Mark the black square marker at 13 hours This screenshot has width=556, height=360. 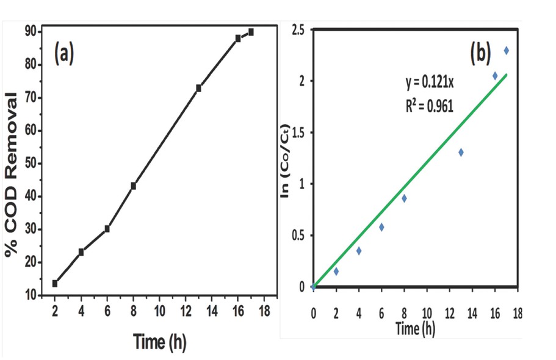(x=198, y=88)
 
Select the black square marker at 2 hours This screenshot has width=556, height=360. (x=55, y=283)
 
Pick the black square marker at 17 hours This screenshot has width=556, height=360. (x=251, y=32)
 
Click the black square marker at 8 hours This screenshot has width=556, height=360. (x=133, y=185)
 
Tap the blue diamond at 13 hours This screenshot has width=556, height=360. (x=461, y=152)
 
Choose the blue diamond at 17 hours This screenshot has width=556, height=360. (x=506, y=50)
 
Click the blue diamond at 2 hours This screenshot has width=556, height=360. (x=336, y=271)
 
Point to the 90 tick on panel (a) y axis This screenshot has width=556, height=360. (x=29, y=31)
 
